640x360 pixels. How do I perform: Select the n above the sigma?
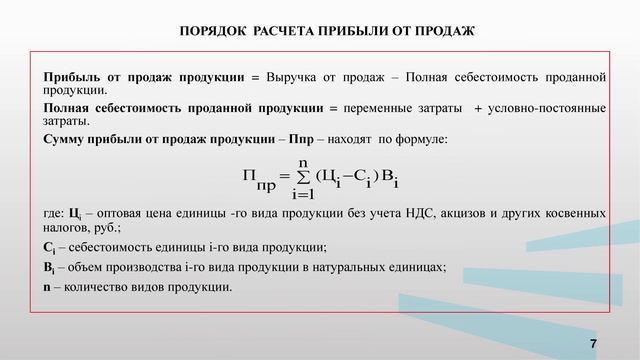pos(303,163)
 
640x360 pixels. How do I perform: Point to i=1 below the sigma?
pos(303,194)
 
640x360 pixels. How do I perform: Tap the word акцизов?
pos(479,214)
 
